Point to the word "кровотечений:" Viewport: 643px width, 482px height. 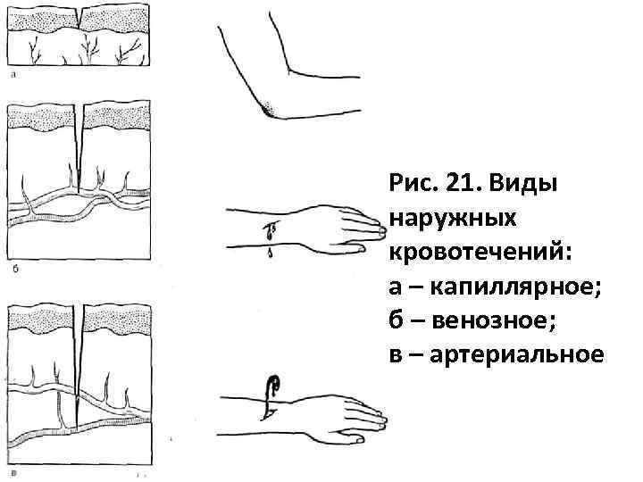point(478,253)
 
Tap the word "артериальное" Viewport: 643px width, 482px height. point(517,354)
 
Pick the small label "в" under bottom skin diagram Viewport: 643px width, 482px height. point(12,472)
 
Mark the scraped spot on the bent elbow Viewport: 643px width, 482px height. point(270,109)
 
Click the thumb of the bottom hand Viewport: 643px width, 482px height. point(355,438)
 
